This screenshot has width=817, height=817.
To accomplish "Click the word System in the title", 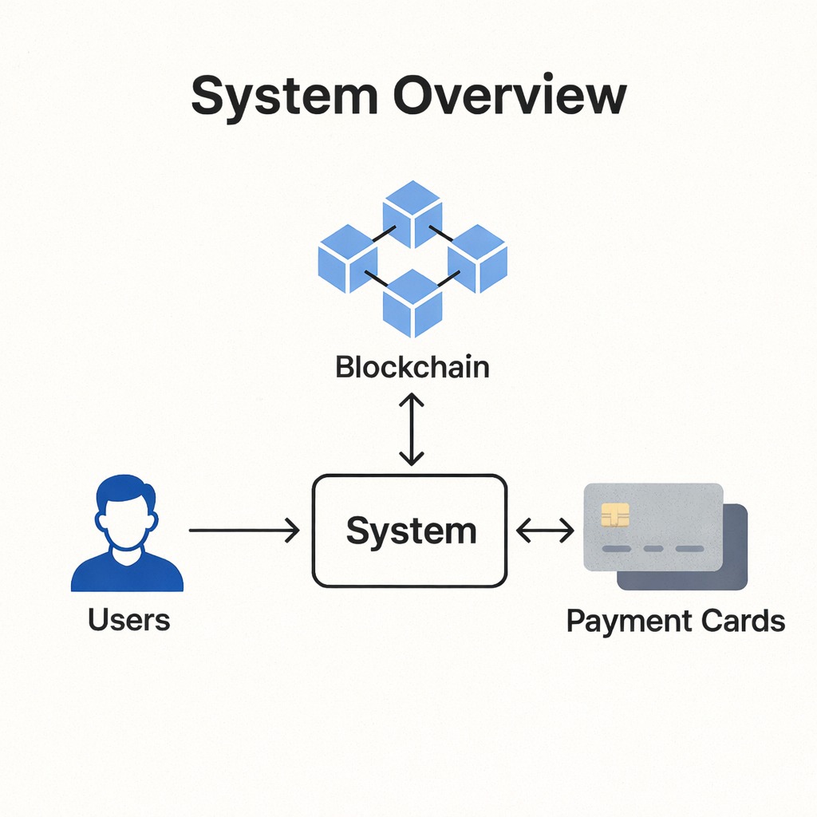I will coord(284,97).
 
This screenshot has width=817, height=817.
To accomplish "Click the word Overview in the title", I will coord(510,97).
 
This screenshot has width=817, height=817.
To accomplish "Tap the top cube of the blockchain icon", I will coord(412,213).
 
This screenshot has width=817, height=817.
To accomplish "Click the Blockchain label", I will coord(412,368).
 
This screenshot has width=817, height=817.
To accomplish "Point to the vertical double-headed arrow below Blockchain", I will coord(412,428).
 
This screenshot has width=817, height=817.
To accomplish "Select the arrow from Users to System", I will coord(243,530).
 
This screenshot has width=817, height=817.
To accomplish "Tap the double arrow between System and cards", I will coord(545,531).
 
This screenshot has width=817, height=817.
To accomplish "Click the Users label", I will coord(129,619).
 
